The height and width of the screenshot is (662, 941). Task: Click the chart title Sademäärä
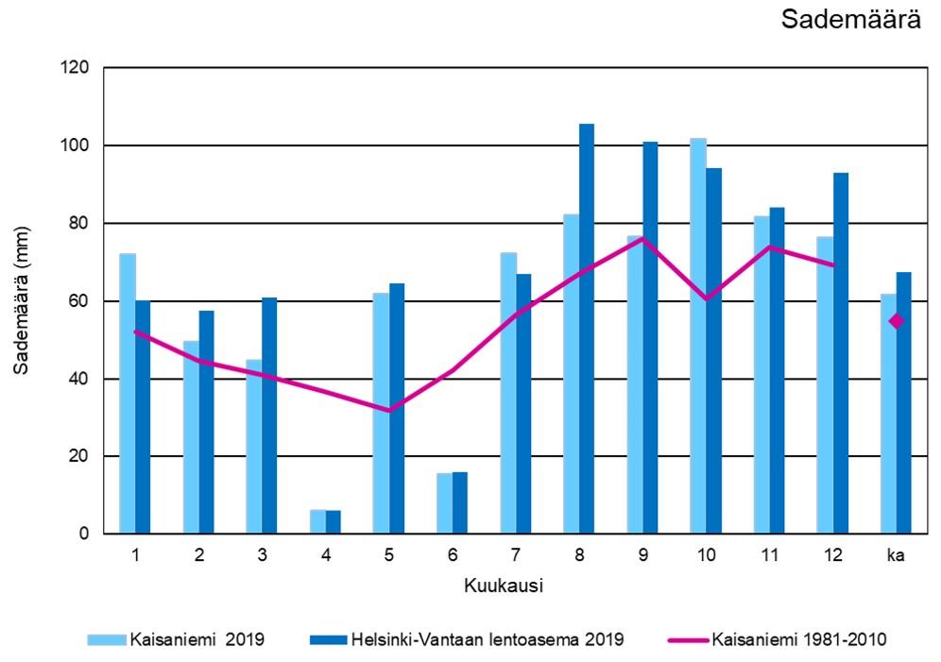click(x=851, y=21)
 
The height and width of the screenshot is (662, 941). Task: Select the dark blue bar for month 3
click(x=269, y=416)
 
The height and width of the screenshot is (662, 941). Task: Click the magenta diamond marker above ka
click(x=897, y=321)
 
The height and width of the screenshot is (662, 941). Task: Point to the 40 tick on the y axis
click(x=79, y=379)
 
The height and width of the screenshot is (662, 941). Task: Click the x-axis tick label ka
click(x=896, y=555)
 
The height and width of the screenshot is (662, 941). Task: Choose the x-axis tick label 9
click(x=642, y=555)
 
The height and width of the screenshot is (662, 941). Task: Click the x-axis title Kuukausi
click(x=503, y=586)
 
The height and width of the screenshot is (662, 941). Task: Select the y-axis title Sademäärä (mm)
click(x=21, y=300)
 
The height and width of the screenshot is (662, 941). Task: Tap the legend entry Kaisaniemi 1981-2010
click(x=798, y=639)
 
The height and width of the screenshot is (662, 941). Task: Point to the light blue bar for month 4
click(x=317, y=522)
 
